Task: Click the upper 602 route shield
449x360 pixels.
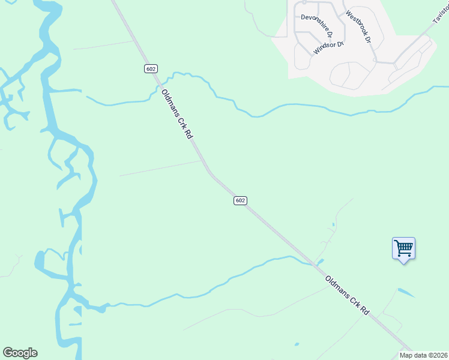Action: point(151,68)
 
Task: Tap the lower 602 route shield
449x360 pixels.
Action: point(240,200)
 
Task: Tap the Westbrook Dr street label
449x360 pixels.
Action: point(359,26)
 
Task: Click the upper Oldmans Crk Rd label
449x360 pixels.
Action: point(176,115)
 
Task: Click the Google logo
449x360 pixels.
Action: point(20,353)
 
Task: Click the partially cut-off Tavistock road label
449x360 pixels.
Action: point(441,15)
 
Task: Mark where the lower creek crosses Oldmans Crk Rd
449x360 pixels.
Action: point(312,262)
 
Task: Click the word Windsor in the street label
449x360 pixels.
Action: point(324,50)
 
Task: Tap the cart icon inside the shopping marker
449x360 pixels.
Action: point(403,247)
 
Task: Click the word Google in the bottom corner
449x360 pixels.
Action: point(20,353)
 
